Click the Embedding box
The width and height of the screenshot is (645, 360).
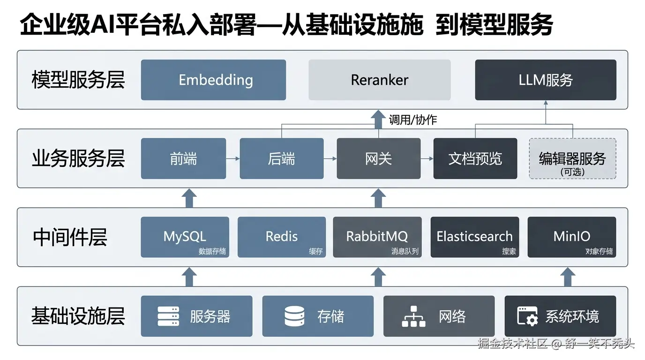coord(213,80)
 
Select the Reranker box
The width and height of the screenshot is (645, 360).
coord(379,80)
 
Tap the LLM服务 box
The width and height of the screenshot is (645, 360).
coord(545,80)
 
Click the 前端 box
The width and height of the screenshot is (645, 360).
coord(183,158)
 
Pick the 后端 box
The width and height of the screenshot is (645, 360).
coord(281,158)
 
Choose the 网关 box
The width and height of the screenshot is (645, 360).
coord(378,158)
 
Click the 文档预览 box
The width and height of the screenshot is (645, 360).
coord(475,158)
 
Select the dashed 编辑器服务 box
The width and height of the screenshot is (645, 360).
coord(572,158)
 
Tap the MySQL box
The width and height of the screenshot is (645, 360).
coord(185,237)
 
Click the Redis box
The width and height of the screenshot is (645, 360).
coord(281,237)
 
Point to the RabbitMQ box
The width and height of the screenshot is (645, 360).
coord(377,237)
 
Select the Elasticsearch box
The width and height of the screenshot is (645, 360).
coord(474,237)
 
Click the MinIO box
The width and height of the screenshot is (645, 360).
coord(571,237)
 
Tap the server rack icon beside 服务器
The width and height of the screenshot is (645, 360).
coord(168,316)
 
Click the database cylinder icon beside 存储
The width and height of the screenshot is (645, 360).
coord(294,316)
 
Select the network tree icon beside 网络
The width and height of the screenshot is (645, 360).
coord(414,316)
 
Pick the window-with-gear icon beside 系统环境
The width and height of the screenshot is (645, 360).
coord(527,316)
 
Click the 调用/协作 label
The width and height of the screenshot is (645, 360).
coord(412,120)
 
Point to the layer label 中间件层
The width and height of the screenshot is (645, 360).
coord(70,237)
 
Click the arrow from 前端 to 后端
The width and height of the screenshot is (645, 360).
coord(232,159)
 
